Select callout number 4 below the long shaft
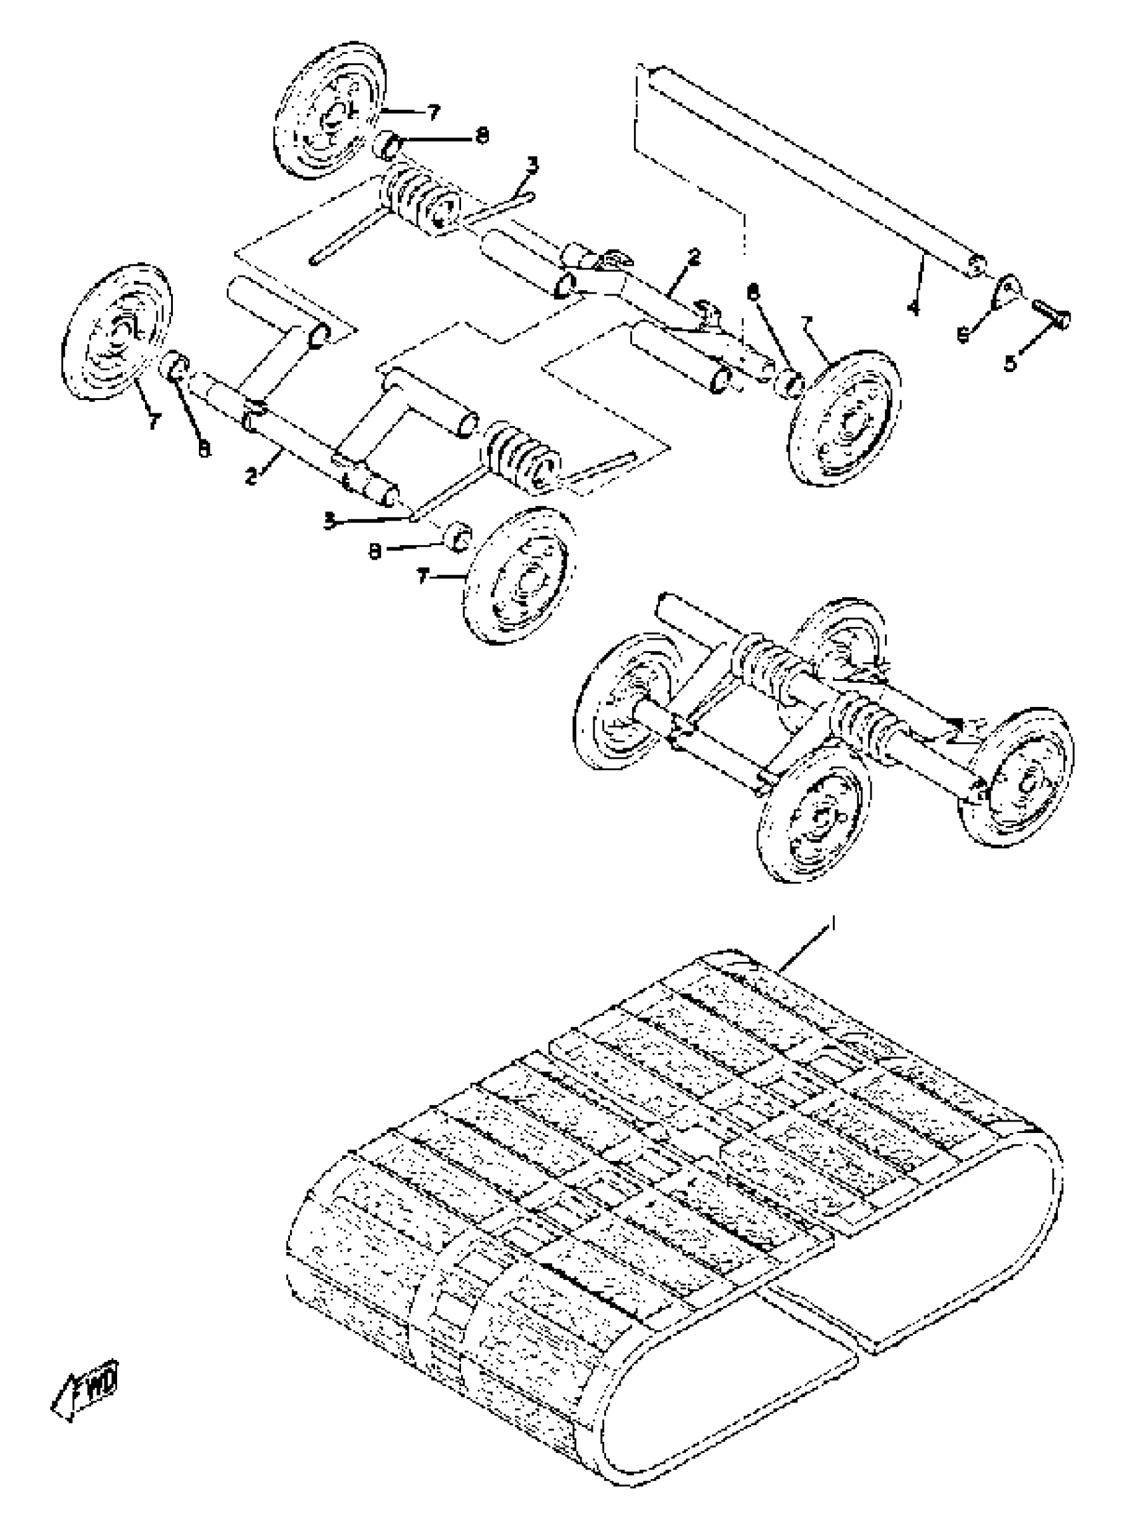click(912, 308)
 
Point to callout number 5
click(1011, 361)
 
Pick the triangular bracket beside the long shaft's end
click(1007, 290)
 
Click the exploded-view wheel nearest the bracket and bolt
click(845, 419)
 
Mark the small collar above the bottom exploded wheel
click(457, 536)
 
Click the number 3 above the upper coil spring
click(532, 164)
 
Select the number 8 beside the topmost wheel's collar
click(482, 136)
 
